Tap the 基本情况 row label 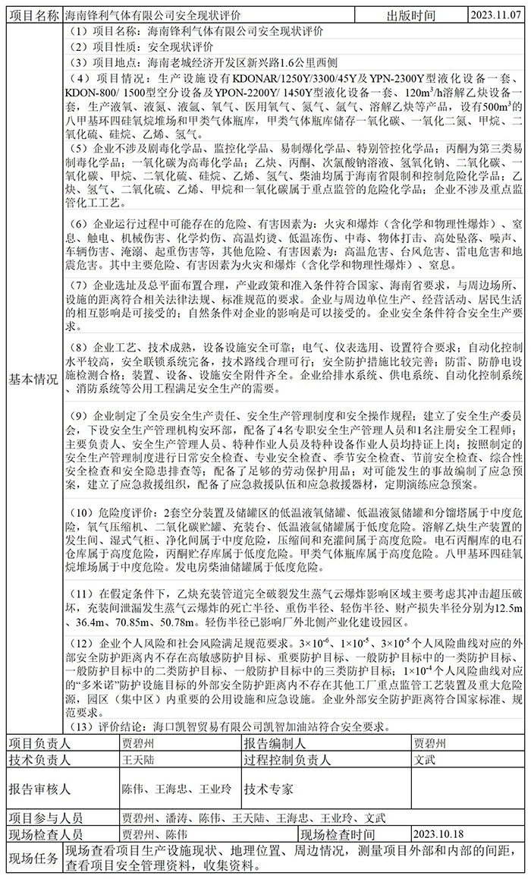pos(33,380)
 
